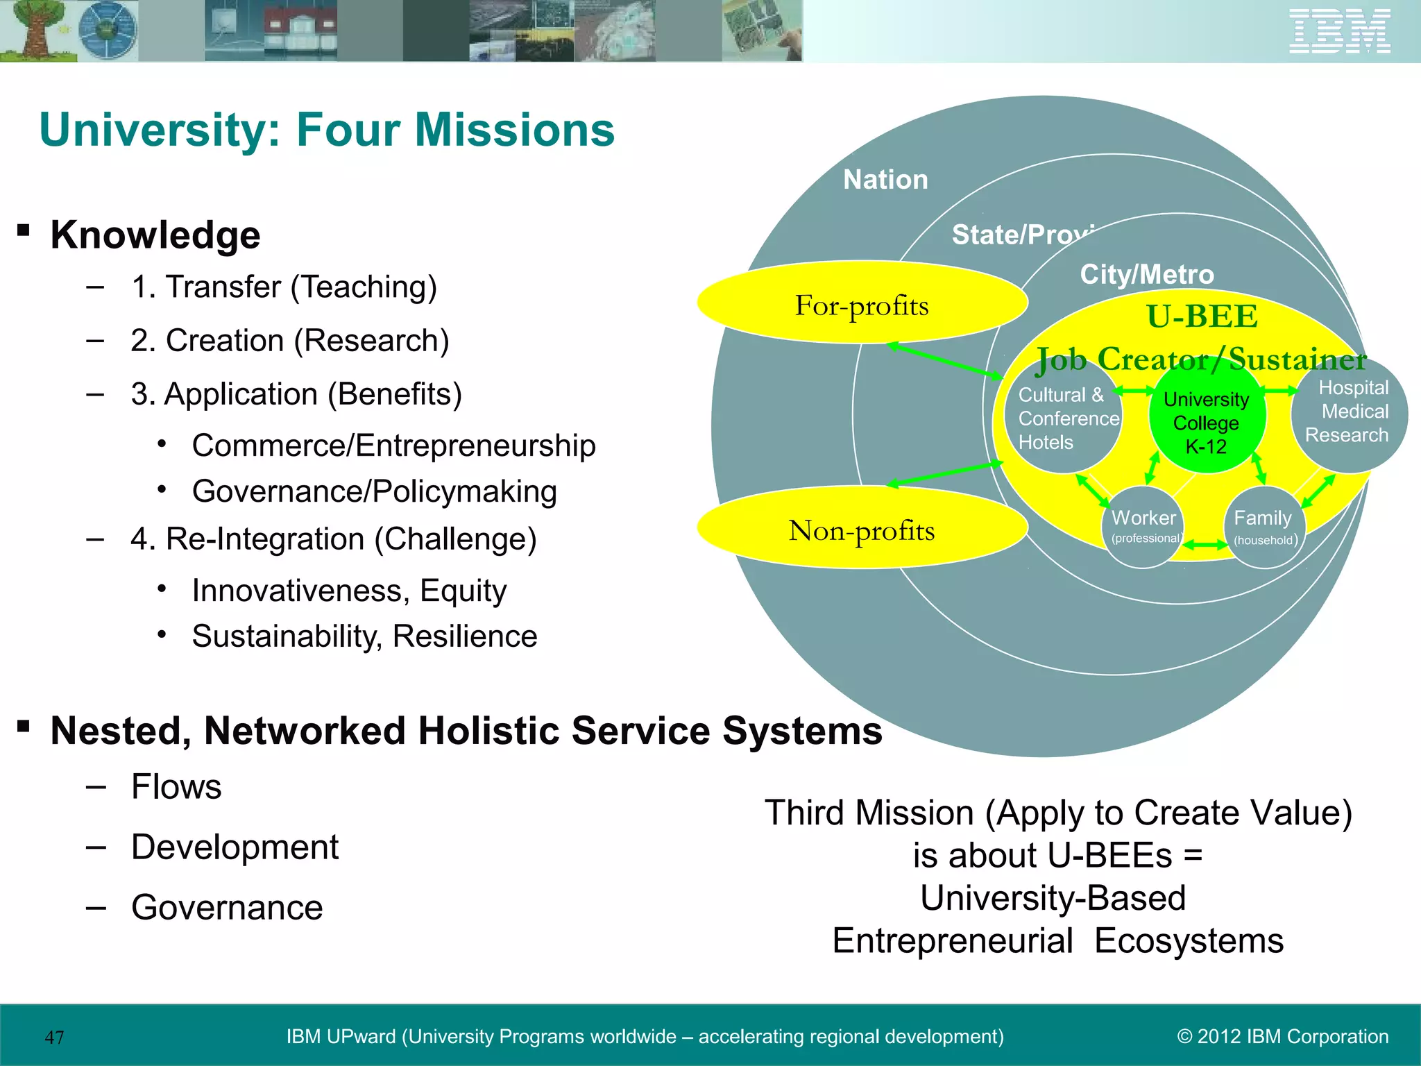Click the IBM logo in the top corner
(x=1339, y=31)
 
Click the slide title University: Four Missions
(x=327, y=130)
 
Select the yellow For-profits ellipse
(x=862, y=303)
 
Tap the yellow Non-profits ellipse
(x=862, y=529)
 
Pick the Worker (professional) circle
(x=1143, y=527)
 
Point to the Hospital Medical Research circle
(x=1349, y=414)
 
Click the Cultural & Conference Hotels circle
(x=1063, y=419)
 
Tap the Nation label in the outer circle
(x=885, y=180)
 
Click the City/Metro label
(x=1147, y=275)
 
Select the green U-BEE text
(x=1202, y=316)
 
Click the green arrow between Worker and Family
(x=1205, y=545)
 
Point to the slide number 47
(x=54, y=1038)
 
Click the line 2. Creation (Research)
(x=290, y=341)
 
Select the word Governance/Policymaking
(x=375, y=491)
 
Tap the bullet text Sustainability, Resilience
(x=364, y=636)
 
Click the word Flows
(x=176, y=786)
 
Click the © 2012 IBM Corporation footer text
(x=1283, y=1036)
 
